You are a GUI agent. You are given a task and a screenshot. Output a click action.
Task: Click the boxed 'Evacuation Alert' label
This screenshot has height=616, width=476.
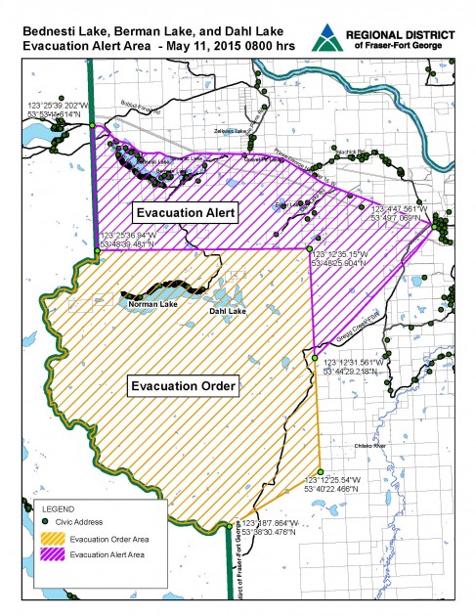point(185,210)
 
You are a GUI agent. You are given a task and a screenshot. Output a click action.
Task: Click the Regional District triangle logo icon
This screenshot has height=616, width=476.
point(324,39)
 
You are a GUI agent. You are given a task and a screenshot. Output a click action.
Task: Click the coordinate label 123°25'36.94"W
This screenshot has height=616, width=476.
point(132,236)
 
